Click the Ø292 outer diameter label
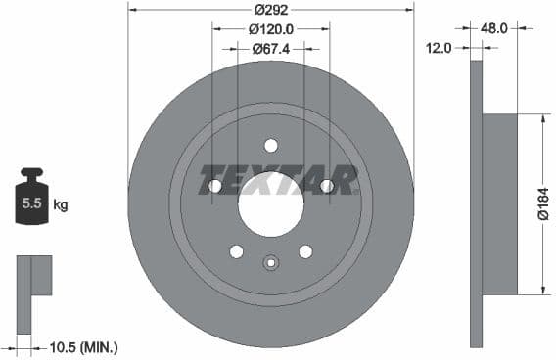270,12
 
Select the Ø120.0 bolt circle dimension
271,30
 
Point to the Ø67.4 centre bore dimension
270,48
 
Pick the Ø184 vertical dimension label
544,203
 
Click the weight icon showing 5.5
31,201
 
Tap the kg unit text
61,205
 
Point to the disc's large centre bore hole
270,205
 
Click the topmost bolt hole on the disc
271,146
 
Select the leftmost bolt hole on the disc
215,186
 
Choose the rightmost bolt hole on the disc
327,186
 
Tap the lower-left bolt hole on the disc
236,251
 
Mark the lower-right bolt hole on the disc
305,251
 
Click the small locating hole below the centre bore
271,261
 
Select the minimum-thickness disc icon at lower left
33,277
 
